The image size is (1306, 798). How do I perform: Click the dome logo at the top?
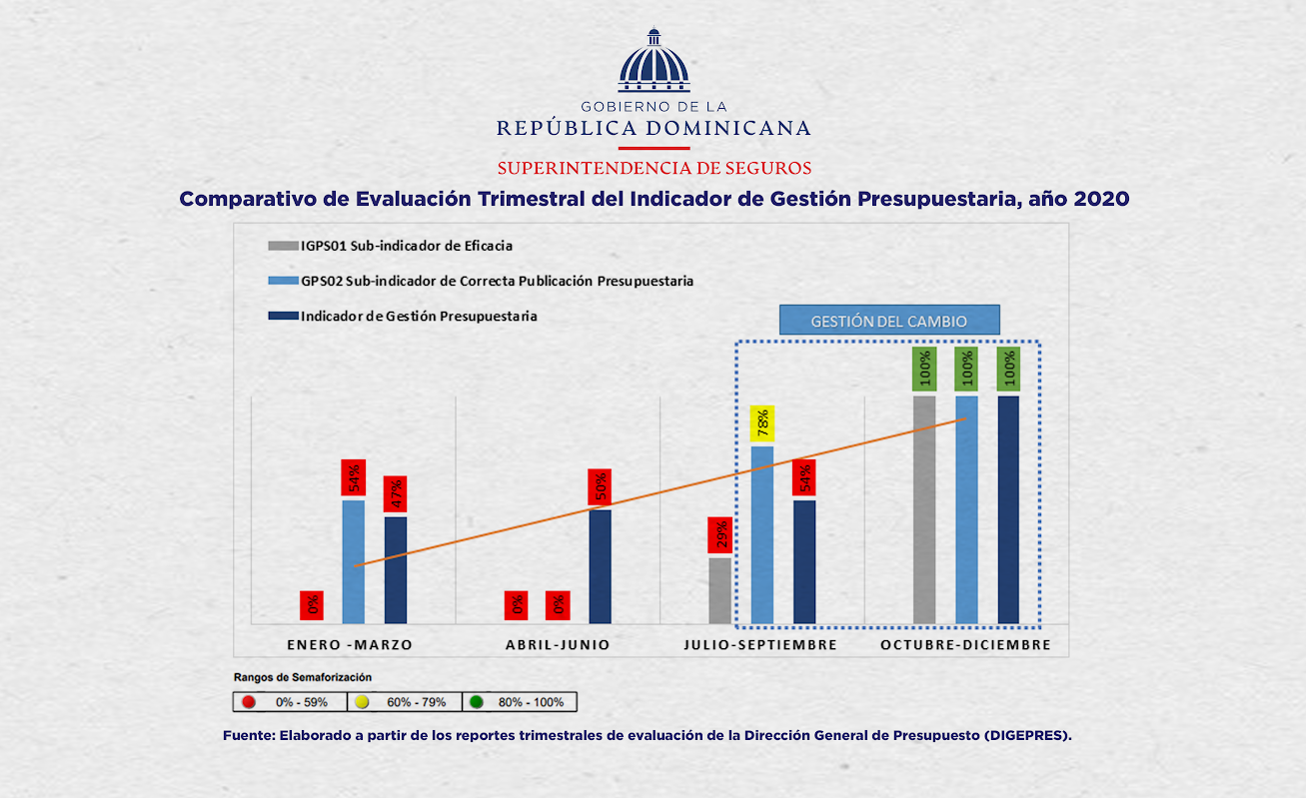pyautogui.click(x=653, y=62)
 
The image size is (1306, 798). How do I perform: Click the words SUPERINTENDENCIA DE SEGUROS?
pyautogui.click(x=653, y=167)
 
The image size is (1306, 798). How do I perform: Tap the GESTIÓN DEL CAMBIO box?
pyautogui.click(x=888, y=321)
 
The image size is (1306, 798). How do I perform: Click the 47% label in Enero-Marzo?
pyautogui.click(x=396, y=493)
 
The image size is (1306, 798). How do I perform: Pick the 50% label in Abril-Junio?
pyautogui.click(x=600, y=486)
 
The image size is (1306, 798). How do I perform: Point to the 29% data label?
pyautogui.click(x=719, y=534)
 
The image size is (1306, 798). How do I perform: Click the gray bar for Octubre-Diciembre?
pyautogui.click(x=924, y=508)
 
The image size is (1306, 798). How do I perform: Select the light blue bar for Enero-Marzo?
pyautogui.click(x=354, y=560)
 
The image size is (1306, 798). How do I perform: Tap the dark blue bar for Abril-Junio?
pyautogui.click(x=600, y=565)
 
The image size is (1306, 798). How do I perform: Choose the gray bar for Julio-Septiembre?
pyautogui.click(x=719, y=589)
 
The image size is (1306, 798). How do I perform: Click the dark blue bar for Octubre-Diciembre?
pyautogui.click(x=1008, y=508)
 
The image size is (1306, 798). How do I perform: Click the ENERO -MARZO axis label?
pyautogui.click(x=349, y=645)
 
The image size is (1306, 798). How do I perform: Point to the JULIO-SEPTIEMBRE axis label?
pyautogui.click(x=759, y=645)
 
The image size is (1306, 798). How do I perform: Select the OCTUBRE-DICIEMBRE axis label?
pyautogui.click(x=965, y=645)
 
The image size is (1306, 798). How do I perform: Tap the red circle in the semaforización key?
pyautogui.click(x=249, y=702)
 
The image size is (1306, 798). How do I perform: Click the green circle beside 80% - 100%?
pyautogui.click(x=477, y=702)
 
